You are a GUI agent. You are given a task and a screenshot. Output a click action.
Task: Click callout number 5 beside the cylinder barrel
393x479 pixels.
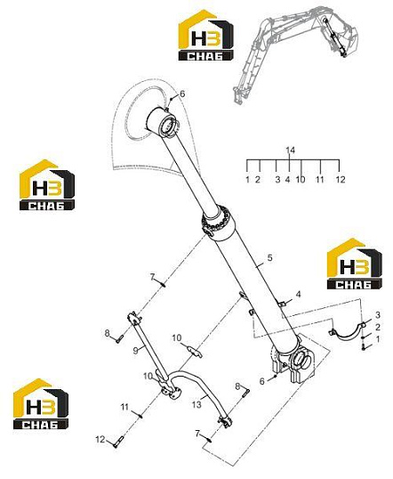coord(269,257)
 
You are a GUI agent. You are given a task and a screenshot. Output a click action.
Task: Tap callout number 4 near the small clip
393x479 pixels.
coord(298,294)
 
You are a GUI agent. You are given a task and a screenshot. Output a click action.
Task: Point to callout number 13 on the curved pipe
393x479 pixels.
coord(196,404)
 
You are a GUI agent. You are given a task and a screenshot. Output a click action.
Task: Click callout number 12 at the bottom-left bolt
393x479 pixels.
coord(100,440)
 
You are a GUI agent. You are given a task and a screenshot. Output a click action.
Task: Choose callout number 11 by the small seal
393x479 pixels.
coord(124,407)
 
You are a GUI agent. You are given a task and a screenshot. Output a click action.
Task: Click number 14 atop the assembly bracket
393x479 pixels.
coord(291,150)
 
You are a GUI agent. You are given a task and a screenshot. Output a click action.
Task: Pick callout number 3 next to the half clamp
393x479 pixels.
coord(378,314)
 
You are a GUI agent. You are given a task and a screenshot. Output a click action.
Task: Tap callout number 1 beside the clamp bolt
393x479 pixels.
coord(378,339)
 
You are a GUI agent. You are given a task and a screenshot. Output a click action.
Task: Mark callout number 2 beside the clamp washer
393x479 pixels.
coord(378,327)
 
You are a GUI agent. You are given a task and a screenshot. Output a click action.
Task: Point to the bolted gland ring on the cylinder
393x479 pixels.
coord(218,221)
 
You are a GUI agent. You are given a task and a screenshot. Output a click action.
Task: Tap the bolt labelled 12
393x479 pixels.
coord(117,441)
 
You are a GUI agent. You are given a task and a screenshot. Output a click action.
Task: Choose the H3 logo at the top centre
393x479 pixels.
coord(206,35)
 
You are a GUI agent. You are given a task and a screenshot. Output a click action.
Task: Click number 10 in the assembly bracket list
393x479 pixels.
coord(301,179)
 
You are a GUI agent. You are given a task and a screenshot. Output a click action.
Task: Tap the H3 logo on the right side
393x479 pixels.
coord(354,264)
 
